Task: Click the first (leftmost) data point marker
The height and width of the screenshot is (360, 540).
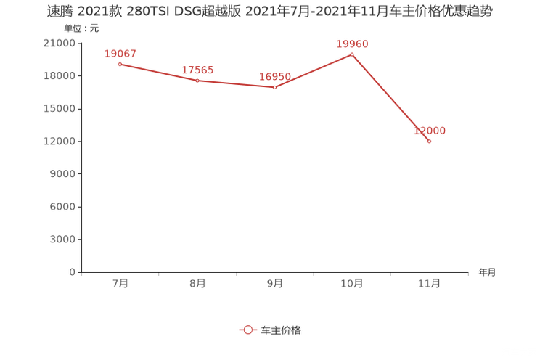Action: (120, 64)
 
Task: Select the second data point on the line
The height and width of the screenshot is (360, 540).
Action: (197, 80)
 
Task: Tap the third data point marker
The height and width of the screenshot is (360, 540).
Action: (275, 87)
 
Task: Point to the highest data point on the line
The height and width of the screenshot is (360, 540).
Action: (352, 54)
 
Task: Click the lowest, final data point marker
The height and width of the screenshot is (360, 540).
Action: (430, 142)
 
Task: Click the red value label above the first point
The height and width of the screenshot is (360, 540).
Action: (120, 53)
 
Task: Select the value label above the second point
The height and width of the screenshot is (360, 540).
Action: (197, 70)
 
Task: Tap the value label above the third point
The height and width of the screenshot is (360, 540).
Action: (275, 76)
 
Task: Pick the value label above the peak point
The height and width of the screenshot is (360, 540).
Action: (352, 44)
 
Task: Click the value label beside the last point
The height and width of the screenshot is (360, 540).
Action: (430, 131)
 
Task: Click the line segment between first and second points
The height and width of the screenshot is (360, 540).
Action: (158, 72)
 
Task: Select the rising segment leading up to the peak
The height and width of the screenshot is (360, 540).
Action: (314, 71)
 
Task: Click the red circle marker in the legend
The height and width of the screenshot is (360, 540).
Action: (248, 330)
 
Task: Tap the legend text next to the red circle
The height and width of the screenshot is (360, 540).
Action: (280, 330)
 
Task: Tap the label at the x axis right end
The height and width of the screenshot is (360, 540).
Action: (487, 272)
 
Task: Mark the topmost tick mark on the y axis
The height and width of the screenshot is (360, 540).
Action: (79, 44)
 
